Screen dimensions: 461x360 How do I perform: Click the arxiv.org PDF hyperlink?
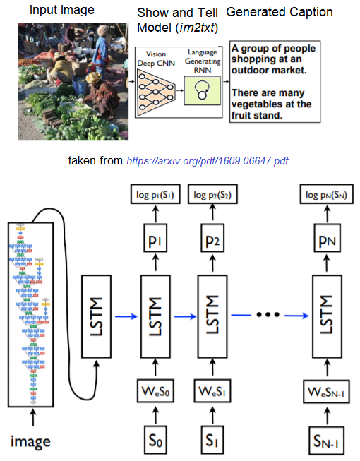pyautogui.click(x=208, y=161)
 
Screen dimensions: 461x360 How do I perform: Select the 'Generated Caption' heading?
pyautogui.click(x=280, y=13)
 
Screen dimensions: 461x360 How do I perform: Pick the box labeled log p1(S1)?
pyautogui.click(x=153, y=194)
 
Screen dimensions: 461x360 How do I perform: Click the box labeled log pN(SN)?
pyautogui.click(x=325, y=194)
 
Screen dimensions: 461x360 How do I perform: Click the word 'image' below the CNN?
pyautogui.click(x=30, y=443)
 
